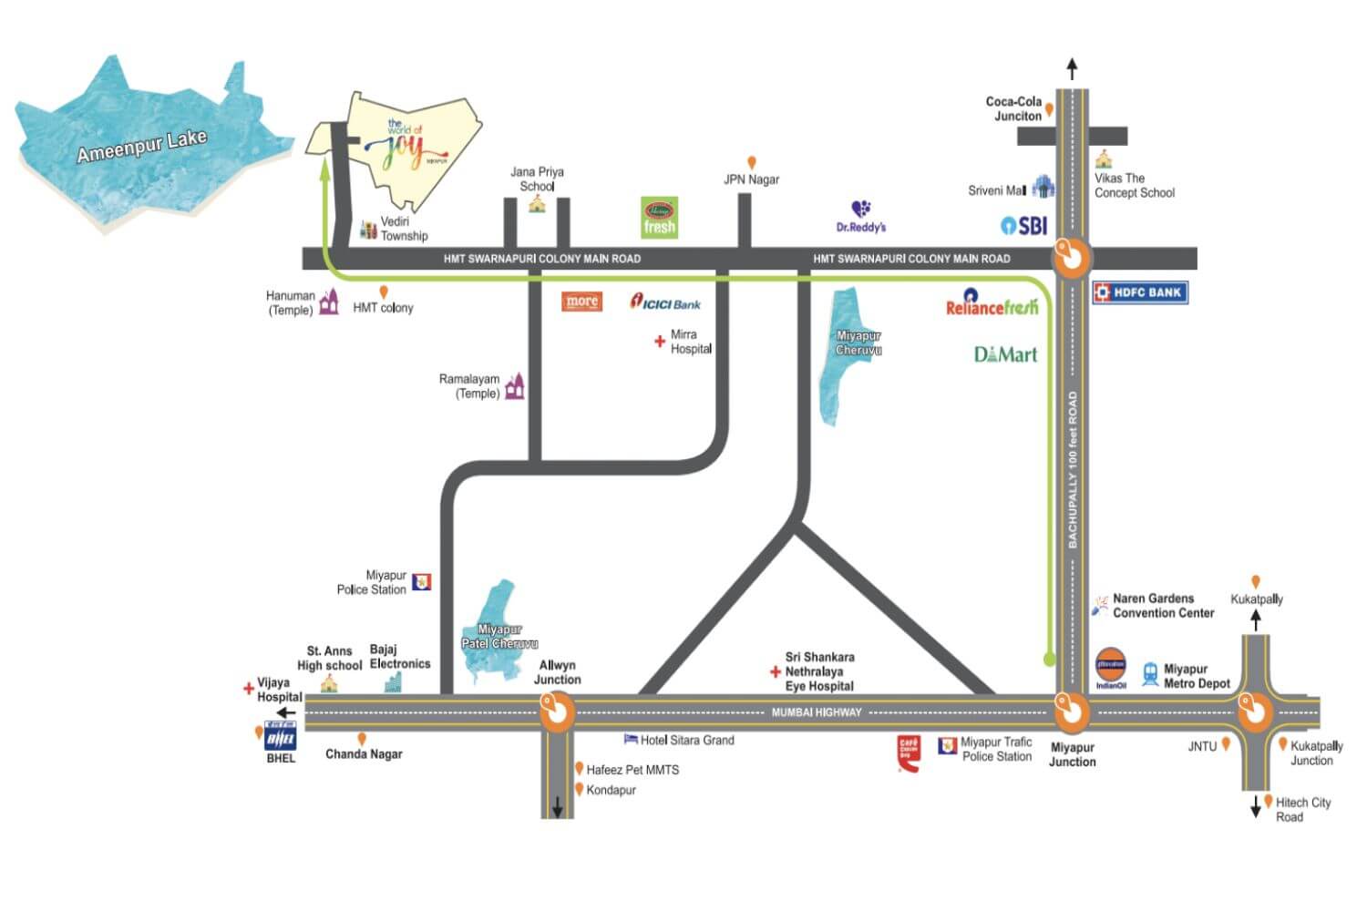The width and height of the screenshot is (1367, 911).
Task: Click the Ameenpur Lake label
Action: pos(141,146)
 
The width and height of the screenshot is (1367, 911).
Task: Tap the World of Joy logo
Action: pos(404,146)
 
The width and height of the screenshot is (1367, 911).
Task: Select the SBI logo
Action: pos(1024,225)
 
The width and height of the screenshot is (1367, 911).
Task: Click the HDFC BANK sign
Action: pos(1140,292)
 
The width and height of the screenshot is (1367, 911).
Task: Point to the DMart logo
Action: pos(1005,354)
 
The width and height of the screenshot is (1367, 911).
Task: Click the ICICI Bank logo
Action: pos(666,302)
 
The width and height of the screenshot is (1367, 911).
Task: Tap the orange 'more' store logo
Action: pos(581,302)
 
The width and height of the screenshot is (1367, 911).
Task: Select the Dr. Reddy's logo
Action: pos(861,217)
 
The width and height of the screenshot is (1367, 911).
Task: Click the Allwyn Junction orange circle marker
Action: pos(556,711)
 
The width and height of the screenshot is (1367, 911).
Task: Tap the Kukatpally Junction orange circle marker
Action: pos(1255,711)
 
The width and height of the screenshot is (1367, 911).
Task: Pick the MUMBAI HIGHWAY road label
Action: pos(816,712)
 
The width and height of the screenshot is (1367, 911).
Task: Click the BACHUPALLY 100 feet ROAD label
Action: pos(1073,469)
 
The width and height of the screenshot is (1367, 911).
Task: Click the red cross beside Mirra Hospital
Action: pos(660,342)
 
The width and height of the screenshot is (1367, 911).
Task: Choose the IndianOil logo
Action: pos(1110,667)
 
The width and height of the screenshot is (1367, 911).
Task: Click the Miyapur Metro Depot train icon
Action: pos(1150,674)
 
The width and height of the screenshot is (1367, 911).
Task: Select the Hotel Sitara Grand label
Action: pos(686,740)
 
